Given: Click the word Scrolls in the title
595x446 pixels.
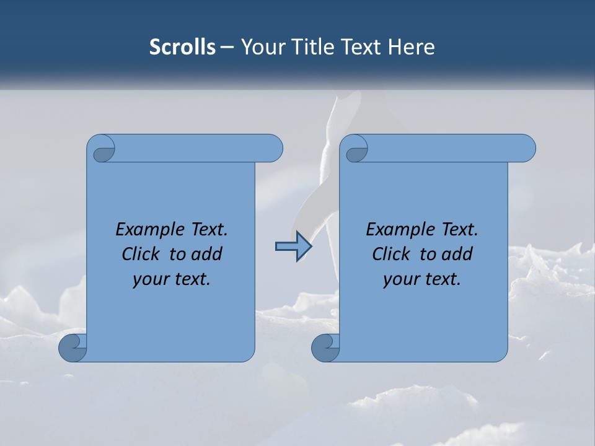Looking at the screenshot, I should click(x=182, y=47).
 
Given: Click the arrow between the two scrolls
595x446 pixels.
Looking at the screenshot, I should click(x=293, y=247).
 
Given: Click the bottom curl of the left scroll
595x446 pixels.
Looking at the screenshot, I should click(x=72, y=348).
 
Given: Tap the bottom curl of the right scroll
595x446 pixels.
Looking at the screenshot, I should click(x=325, y=348).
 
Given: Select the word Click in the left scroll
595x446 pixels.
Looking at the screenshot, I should click(x=141, y=254).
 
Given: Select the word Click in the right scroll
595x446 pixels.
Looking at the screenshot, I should click(x=391, y=254).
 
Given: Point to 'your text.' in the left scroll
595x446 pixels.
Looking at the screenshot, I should click(x=172, y=279).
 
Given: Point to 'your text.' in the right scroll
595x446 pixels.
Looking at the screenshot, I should click(x=422, y=279).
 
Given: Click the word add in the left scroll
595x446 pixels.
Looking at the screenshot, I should click(x=208, y=254).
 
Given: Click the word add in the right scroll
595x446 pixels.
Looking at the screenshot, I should click(x=458, y=254).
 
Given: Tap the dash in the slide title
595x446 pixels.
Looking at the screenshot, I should click(x=227, y=47).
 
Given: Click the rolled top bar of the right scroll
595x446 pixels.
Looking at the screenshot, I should click(x=446, y=148).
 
